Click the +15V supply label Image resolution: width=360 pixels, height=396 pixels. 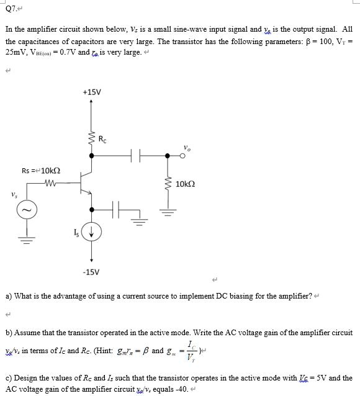(91, 92)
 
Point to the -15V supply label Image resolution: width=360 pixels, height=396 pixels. (91, 271)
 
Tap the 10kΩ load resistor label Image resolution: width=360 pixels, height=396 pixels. (186, 184)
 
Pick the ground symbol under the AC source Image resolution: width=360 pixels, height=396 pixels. (27, 259)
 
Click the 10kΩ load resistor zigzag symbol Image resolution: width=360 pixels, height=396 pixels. (166, 184)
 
